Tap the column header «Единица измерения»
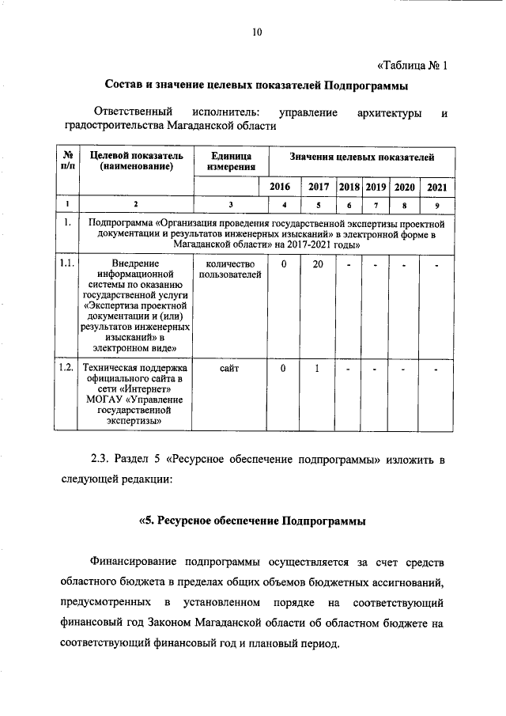(x=230, y=161)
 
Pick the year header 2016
(x=280, y=187)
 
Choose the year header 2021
(x=436, y=187)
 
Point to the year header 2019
(x=376, y=187)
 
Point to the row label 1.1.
(x=68, y=263)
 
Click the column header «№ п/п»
(x=69, y=161)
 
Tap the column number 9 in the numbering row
(x=436, y=205)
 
